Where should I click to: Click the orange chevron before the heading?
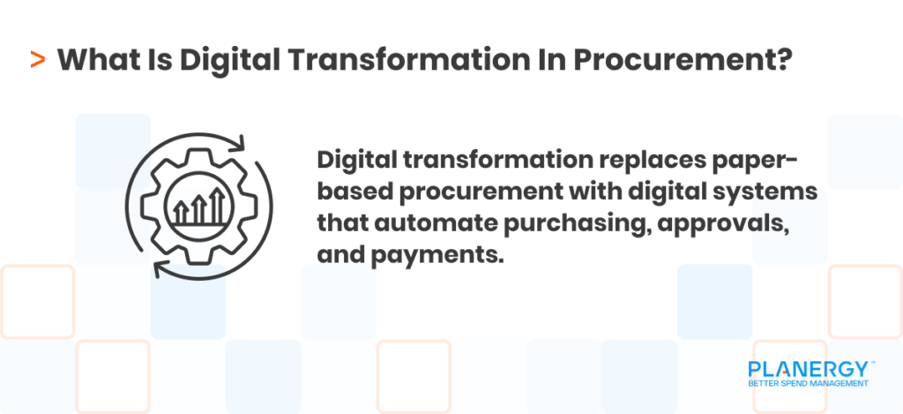click(37, 61)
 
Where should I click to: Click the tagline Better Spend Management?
click(808, 384)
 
